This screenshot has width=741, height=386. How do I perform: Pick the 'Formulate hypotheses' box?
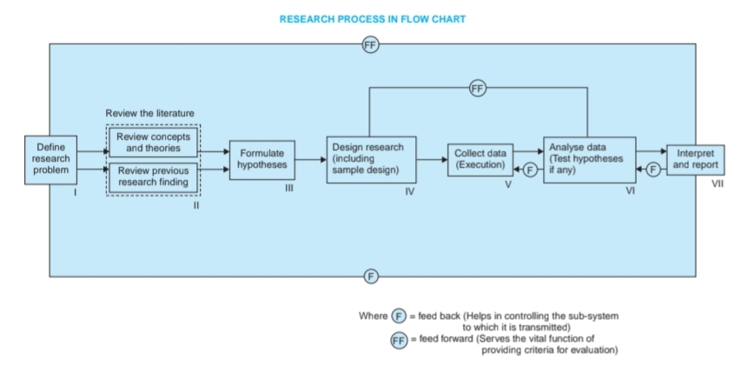click(261, 159)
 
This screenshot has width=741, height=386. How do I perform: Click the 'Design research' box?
click(370, 159)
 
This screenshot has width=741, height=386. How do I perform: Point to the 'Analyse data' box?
click(589, 159)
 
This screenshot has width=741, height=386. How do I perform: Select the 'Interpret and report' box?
click(694, 159)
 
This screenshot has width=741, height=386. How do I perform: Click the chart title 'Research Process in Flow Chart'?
click(370, 18)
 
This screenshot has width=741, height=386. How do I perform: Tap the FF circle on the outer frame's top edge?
click(371, 46)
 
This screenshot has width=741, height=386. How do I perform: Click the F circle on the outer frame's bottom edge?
click(371, 276)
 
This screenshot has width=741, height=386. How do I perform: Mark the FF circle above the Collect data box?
click(478, 89)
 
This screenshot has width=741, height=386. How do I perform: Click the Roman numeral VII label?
click(718, 184)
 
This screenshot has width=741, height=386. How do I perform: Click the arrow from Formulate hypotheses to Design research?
click(310, 160)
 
